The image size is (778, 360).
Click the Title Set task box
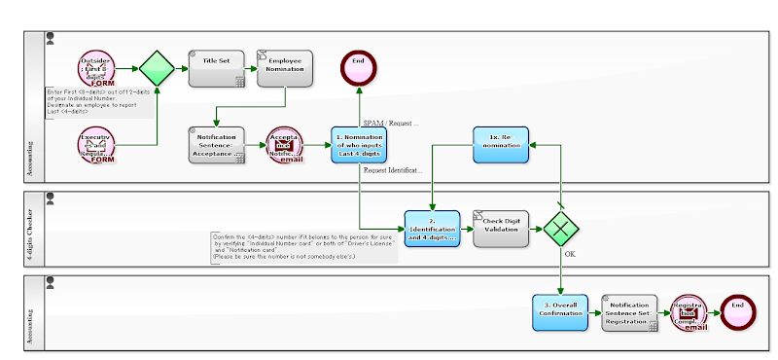216,67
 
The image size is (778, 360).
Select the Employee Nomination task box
285,67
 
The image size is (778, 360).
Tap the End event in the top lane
359,67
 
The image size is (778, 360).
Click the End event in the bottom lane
738,311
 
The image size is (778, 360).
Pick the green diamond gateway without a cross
157,67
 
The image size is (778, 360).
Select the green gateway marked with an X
561,229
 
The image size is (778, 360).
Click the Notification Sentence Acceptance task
216,145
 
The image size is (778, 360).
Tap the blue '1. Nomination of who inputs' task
359,145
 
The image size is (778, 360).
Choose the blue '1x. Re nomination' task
501,145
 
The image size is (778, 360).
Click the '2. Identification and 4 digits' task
432,229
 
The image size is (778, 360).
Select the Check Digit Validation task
501,229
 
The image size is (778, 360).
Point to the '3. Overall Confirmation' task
560,311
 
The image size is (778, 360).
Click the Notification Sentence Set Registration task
630,311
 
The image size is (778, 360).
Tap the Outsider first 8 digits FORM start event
99,68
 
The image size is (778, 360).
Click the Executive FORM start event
99,145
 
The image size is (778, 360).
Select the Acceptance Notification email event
285,145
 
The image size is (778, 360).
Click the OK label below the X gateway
571,256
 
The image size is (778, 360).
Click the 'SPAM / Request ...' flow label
390,124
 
